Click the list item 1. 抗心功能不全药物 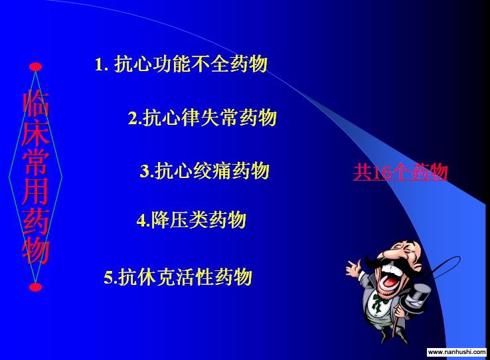181,64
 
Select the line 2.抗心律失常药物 203,118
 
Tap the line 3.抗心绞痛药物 204,171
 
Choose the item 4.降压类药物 191,220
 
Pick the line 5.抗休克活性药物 178,276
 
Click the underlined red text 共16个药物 400,172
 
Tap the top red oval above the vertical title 35,66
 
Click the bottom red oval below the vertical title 35,287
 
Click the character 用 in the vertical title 36,191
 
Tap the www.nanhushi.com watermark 457,352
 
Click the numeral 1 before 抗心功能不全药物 99,64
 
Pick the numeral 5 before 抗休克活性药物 108,278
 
